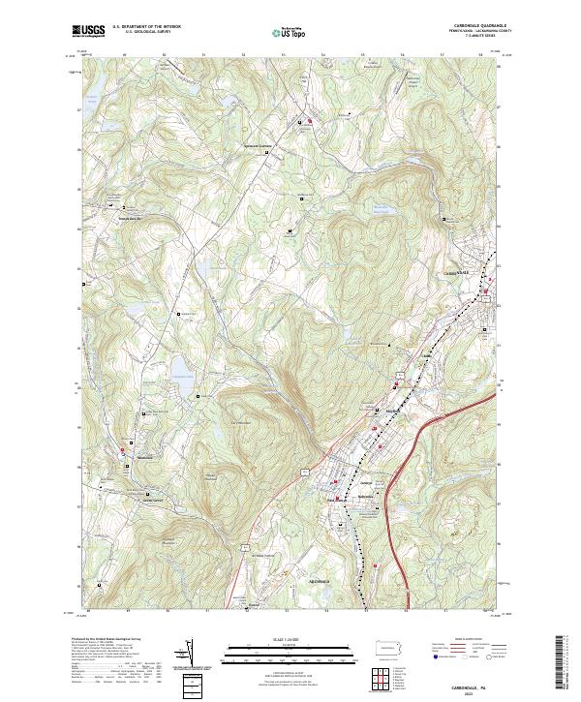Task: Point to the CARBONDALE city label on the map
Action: click(x=456, y=275)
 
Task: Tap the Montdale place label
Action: click(x=145, y=455)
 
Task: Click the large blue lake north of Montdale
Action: click(x=181, y=368)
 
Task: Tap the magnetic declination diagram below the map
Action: click(x=191, y=657)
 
